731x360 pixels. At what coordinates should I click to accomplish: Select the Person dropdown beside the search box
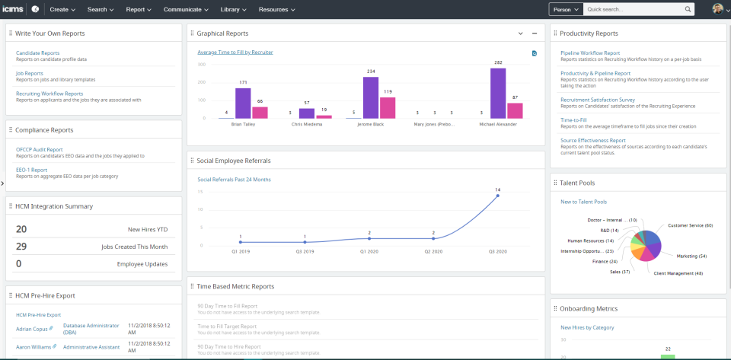tap(566, 9)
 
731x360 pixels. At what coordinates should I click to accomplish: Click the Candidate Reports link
tap(37, 53)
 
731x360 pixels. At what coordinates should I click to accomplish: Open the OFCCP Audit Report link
tap(40, 150)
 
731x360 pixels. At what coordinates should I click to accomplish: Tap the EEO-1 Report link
tap(32, 170)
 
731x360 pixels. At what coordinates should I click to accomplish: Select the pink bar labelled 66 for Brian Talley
tap(260, 113)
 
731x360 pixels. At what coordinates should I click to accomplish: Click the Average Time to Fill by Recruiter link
tap(235, 53)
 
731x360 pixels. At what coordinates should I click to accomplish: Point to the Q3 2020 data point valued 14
tap(497, 196)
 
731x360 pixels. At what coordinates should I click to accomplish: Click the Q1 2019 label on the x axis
tap(240, 250)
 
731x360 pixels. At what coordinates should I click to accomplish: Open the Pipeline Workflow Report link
tap(590, 53)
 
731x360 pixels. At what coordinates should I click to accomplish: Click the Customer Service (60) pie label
tap(690, 225)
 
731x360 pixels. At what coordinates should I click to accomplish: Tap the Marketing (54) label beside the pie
tap(690, 256)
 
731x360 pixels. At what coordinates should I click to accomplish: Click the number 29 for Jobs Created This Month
tap(21, 247)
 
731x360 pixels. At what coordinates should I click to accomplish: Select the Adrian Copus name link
tap(31, 329)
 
